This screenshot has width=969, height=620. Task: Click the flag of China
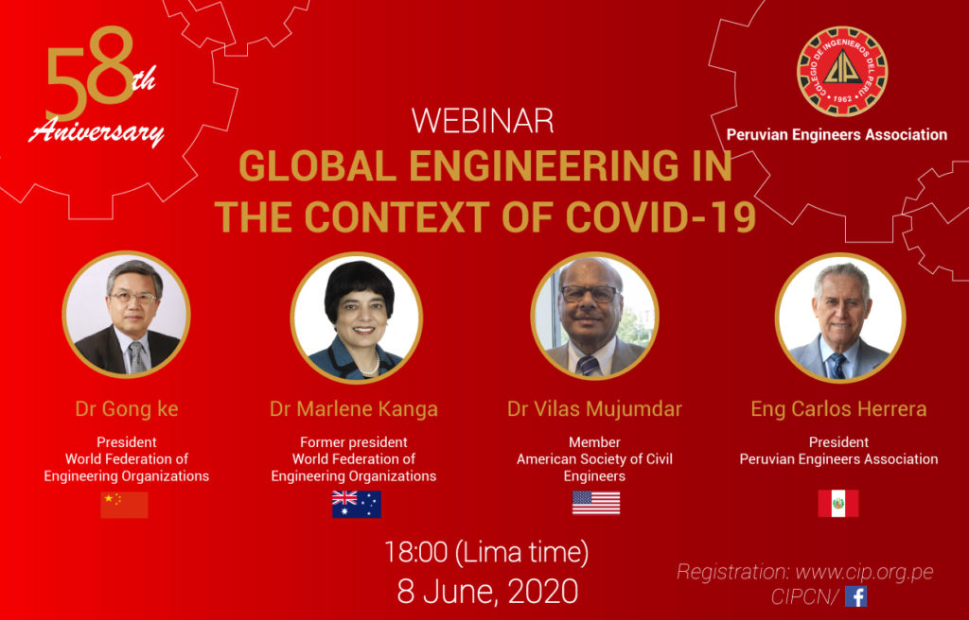(124, 505)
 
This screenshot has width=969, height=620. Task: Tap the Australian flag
(357, 504)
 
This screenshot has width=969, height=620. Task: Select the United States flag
(596, 503)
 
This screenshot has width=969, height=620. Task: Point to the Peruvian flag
(838, 504)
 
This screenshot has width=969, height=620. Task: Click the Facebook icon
(855, 596)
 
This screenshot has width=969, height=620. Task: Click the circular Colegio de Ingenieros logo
(842, 71)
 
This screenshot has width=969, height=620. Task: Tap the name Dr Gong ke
(127, 409)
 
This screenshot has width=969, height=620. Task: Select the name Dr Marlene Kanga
(354, 409)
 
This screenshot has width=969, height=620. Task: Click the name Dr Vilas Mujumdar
(594, 409)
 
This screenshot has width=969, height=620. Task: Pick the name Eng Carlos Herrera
(838, 409)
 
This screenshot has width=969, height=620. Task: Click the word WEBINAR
(482, 121)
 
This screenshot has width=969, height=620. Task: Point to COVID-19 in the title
(661, 216)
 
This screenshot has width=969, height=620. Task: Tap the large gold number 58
(90, 73)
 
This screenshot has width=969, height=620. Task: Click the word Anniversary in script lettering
(97, 131)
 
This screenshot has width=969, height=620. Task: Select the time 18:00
(416, 551)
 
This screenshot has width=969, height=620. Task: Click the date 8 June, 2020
(487, 591)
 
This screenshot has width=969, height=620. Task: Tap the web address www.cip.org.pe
(864, 573)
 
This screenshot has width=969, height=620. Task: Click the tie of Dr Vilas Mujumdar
(587, 365)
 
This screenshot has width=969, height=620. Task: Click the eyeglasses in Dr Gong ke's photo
(134, 298)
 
